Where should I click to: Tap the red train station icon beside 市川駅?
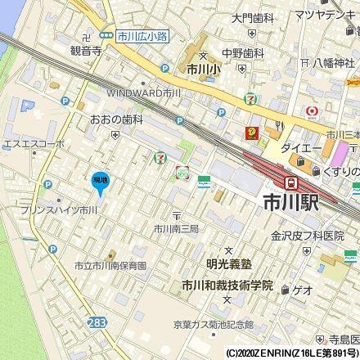click(x=290, y=182)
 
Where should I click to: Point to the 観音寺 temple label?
click(x=85, y=51)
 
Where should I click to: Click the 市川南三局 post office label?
click(x=176, y=228)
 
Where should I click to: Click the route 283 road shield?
click(x=97, y=324)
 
